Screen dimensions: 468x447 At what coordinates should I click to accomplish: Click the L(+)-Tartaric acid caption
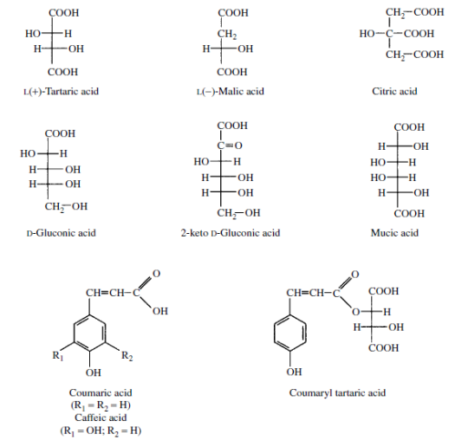[62, 91]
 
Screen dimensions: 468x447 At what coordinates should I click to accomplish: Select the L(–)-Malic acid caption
[231, 91]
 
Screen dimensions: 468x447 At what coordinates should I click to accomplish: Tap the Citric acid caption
[394, 91]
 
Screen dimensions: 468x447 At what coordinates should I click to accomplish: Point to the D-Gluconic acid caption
[62, 233]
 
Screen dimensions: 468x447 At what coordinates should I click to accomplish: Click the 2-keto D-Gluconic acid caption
[231, 233]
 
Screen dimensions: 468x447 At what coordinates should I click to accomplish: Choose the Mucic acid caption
[394, 233]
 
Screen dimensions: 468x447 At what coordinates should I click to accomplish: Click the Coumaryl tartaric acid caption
[337, 392]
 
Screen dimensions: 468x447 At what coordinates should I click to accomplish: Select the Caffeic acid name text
[101, 418]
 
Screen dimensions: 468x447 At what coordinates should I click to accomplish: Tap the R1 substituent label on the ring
[58, 356]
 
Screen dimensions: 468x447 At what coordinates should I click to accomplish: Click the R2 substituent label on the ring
[127, 356]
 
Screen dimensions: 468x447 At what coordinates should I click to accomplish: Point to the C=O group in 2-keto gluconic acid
[230, 146]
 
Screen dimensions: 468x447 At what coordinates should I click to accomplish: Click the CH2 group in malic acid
[227, 34]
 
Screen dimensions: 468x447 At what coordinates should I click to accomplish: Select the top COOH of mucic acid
[409, 127]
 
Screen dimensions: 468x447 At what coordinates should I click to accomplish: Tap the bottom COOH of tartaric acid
[62, 72]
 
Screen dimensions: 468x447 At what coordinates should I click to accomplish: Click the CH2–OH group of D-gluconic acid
[66, 207]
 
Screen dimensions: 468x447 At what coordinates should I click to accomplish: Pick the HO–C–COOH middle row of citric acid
[397, 34]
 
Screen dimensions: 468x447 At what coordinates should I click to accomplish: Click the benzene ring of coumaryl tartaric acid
[289, 332]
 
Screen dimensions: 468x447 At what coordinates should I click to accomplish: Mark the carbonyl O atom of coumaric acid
[156, 274]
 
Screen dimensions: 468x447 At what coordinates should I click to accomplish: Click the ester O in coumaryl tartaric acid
[355, 312]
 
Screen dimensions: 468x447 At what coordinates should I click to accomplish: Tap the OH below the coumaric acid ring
[94, 372]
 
